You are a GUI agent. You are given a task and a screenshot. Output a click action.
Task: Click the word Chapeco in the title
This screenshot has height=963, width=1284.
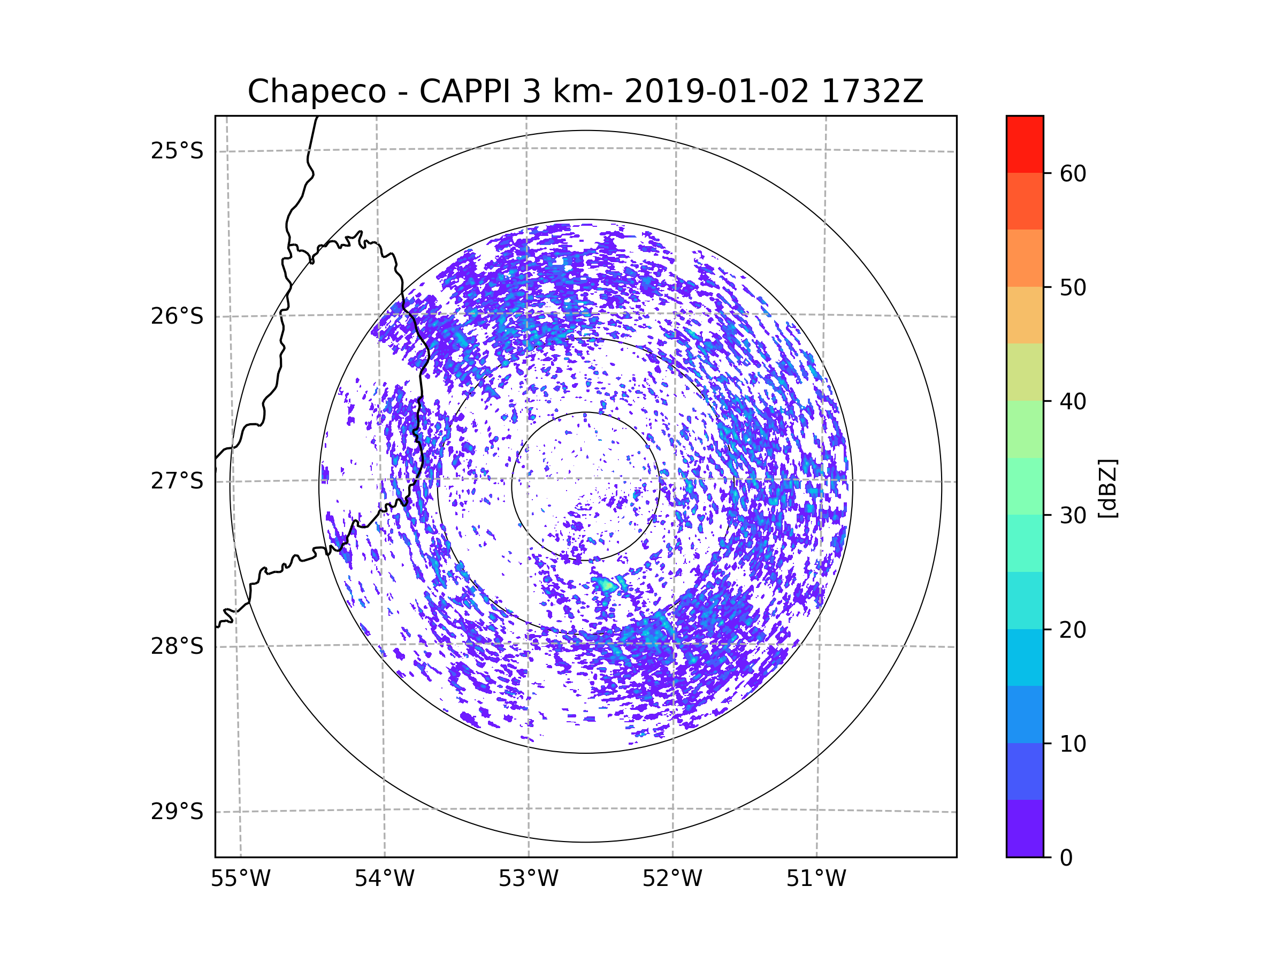pyautogui.click(x=316, y=91)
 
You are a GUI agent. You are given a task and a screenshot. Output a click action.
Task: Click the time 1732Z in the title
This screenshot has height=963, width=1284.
pyautogui.click(x=872, y=91)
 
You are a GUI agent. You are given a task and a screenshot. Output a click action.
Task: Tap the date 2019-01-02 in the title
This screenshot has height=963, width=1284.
pyautogui.click(x=716, y=91)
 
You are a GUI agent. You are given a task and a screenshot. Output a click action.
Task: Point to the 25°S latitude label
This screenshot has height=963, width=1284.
pyautogui.click(x=177, y=151)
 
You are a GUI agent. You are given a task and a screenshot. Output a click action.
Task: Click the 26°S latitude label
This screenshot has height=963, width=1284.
pyautogui.click(x=177, y=316)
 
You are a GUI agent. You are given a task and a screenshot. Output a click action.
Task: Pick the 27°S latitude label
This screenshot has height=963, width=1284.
pyautogui.click(x=177, y=481)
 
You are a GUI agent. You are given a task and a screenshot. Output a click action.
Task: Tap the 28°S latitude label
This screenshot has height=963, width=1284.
pyautogui.click(x=177, y=646)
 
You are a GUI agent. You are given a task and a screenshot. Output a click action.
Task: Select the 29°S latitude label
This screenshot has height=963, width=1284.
pyautogui.click(x=177, y=812)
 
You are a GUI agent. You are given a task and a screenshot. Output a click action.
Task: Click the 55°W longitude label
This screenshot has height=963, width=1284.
pyautogui.click(x=240, y=879)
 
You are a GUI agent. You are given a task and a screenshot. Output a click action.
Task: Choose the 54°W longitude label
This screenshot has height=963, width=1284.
pyautogui.click(x=384, y=879)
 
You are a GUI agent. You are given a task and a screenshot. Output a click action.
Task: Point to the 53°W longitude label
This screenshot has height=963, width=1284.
pyautogui.click(x=528, y=879)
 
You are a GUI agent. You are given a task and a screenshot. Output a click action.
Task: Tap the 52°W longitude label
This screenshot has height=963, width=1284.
pyautogui.click(x=672, y=879)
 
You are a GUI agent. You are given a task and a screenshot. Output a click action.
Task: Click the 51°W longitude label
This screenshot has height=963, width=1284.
pyautogui.click(x=816, y=879)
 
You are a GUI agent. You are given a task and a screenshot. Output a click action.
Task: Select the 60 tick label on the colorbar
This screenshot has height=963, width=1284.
pyautogui.click(x=1073, y=173)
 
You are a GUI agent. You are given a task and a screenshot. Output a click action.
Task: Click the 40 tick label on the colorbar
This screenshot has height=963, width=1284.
pyautogui.click(x=1073, y=401)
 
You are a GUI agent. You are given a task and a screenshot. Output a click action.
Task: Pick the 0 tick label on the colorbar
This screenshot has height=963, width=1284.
pyautogui.click(x=1066, y=858)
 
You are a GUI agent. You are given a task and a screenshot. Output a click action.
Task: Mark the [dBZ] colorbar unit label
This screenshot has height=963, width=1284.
pyautogui.click(x=1107, y=489)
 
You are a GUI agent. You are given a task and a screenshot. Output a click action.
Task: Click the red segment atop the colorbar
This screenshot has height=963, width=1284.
pyautogui.click(x=1025, y=144)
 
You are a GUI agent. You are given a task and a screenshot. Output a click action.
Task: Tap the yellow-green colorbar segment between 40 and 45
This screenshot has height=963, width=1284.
pyautogui.click(x=1025, y=372)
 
